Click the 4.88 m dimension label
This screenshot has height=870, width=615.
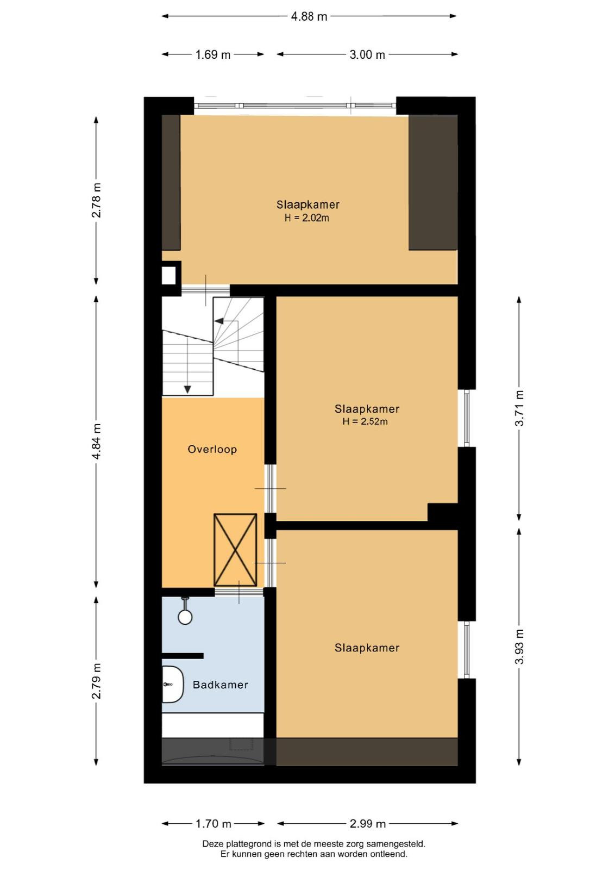[x=309, y=16]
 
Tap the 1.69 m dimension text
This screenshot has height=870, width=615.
[x=212, y=55]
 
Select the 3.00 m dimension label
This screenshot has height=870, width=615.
[x=367, y=55]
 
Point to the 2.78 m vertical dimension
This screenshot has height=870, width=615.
[x=96, y=200]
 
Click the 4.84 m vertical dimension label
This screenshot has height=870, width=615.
[x=96, y=441]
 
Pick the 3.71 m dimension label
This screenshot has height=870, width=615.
[x=519, y=408]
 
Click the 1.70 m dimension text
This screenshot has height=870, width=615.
[x=214, y=824]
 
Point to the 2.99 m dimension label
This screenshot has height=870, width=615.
[x=367, y=824]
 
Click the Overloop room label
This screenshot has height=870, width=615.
[x=212, y=449]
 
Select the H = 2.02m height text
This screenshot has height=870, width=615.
[x=307, y=218]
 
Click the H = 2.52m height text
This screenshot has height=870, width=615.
[x=365, y=421]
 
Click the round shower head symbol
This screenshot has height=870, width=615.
[x=185, y=617]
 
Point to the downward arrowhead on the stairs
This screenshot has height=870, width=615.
[x=187, y=389]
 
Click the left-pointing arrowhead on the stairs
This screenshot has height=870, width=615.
[x=219, y=321]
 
